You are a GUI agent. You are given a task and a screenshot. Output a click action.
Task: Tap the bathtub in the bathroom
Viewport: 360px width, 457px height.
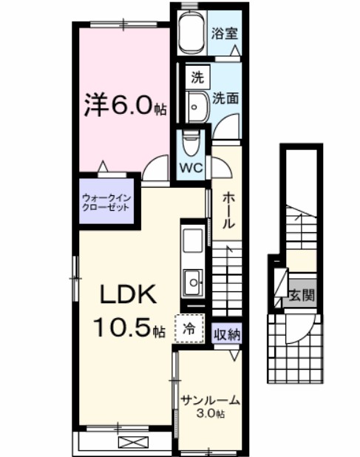pyautogui.click(x=191, y=33)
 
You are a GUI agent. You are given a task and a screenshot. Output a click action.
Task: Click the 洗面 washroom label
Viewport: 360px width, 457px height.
pyautogui.click(x=225, y=98)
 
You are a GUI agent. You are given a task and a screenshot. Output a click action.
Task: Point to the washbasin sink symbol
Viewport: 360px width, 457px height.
pyautogui.click(x=197, y=106)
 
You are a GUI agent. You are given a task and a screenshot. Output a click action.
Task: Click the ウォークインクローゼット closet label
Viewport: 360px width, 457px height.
pyautogui.click(x=106, y=203)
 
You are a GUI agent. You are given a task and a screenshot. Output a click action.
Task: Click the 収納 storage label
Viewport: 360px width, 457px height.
pyautogui.click(x=227, y=334)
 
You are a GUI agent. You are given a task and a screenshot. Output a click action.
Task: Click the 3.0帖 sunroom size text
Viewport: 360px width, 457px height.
pyautogui.click(x=210, y=414)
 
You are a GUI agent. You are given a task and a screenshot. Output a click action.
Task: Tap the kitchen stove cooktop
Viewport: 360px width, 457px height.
pyautogui.click(x=194, y=241)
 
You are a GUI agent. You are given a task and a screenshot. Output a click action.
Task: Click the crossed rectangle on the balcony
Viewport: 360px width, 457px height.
pyautogui.click(x=134, y=443)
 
